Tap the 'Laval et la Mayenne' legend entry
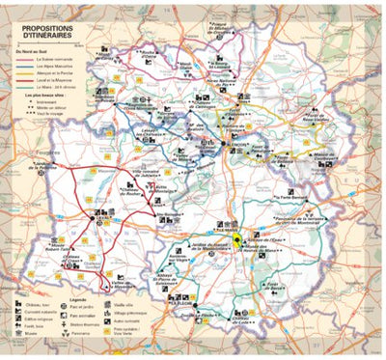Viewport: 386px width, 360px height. click(59, 80)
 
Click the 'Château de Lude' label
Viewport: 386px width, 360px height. click(249, 321)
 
